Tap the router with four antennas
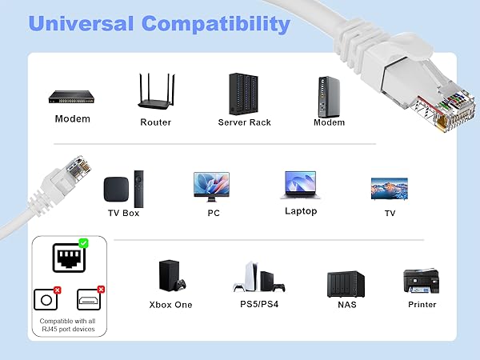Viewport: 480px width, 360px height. click(156, 94)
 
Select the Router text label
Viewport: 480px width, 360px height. click(156, 122)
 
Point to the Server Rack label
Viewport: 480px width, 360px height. click(244, 122)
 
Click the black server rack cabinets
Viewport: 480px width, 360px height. click(244, 94)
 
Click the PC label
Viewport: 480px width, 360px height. click(214, 213)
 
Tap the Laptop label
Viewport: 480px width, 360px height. click(301, 211)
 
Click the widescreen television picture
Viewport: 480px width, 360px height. click(390, 188)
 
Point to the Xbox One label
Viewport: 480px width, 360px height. click(170, 305)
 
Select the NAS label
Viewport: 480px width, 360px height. click(346, 305)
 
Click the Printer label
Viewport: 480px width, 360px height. click(422, 304)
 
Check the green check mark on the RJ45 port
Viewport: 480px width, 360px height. click(84, 242)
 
